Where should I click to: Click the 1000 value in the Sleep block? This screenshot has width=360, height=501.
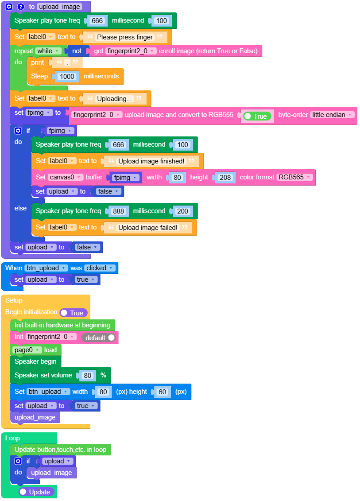[67, 76]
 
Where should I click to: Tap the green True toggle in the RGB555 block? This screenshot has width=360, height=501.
[257, 116]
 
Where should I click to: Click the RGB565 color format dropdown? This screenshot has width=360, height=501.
[294, 177]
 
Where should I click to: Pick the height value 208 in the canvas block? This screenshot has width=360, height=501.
[225, 177]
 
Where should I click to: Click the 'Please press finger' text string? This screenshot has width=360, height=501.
[125, 37]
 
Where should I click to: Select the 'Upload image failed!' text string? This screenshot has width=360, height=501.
[147, 227]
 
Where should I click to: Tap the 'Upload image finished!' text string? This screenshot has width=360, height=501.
[151, 161]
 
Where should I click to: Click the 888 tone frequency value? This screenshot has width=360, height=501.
[119, 211]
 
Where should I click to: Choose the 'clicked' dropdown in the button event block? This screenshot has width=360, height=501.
[100, 268]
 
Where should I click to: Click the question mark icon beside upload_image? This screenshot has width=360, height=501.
[20, 7]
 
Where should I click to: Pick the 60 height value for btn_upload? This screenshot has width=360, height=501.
[162, 392]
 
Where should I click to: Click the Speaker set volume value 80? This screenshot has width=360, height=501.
[87, 376]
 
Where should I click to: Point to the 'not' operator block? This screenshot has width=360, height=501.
[77, 51]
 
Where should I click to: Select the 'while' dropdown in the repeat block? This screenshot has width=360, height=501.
[48, 51]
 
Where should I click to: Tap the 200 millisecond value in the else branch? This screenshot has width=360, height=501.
[182, 211]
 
